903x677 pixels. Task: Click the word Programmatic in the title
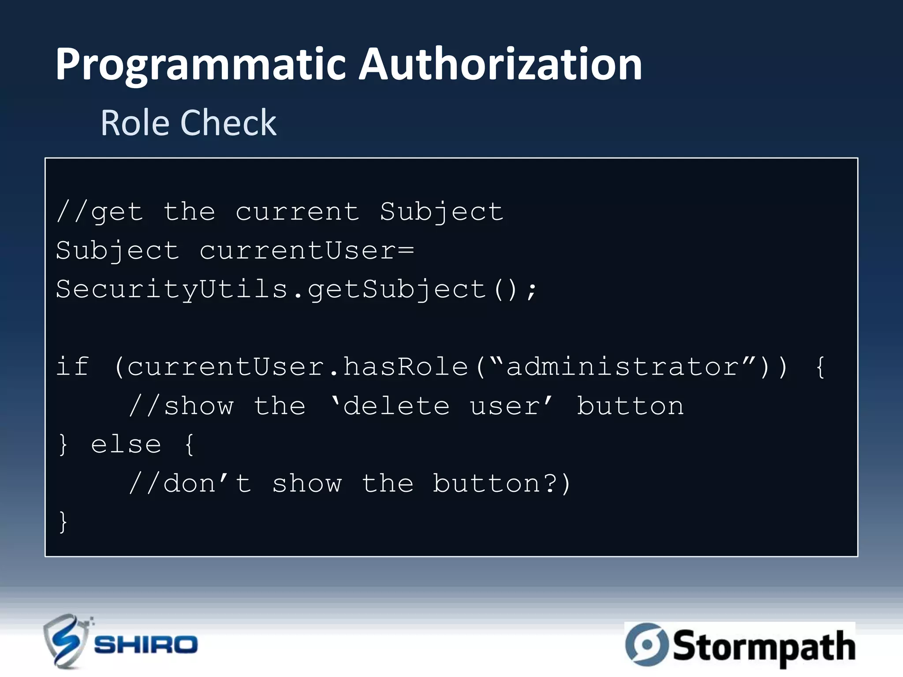pyautogui.click(x=201, y=65)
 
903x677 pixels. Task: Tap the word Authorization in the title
pyautogui.click(x=500, y=65)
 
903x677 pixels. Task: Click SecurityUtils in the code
pyautogui.click(x=172, y=290)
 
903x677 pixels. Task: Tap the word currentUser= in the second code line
pyautogui.click(x=307, y=251)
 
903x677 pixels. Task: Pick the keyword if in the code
pyautogui.click(x=73, y=367)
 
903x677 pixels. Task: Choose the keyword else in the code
pyautogui.click(x=126, y=444)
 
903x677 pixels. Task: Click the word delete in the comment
pyautogui.click(x=396, y=406)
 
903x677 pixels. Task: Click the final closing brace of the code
pyautogui.click(x=63, y=522)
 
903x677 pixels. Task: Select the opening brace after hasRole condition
pyautogui.click(x=820, y=367)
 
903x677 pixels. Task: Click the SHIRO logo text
pyautogui.click(x=146, y=645)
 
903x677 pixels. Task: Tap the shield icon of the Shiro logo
pyautogui.click(x=65, y=641)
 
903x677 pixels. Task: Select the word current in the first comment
pyautogui.click(x=298, y=212)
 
